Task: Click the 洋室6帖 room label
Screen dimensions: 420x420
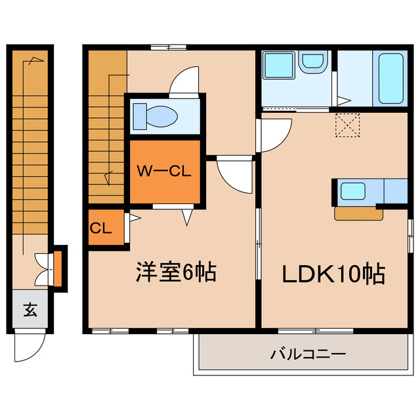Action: point(177,272)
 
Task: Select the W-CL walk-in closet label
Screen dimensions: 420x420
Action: point(163,172)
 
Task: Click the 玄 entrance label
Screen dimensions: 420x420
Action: point(30,309)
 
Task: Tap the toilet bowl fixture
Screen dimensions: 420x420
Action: point(157,117)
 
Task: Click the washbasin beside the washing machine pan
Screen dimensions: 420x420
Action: point(312,63)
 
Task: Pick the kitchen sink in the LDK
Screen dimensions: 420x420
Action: point(353,192)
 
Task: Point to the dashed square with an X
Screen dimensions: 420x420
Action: point(348,125)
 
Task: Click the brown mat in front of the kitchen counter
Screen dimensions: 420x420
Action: point(358,213)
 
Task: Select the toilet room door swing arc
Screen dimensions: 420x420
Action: point(183,81)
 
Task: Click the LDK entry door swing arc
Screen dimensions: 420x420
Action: point(276,135)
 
